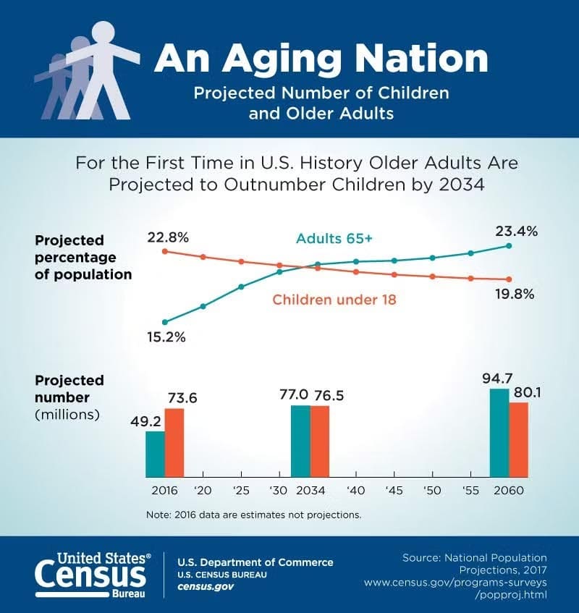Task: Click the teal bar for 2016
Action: coord(155,454)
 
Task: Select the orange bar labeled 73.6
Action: coord(174,442)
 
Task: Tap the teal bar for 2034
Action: coord(300,441)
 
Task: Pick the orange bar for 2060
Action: coord(519,439)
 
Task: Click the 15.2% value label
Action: coord(166,337)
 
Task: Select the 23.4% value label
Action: coord(516,232)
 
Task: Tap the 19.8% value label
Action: coord(515,294)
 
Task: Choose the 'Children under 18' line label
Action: coord(334,299)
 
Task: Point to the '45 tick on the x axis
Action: coord(394,490)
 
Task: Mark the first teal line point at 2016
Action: coord(165,322)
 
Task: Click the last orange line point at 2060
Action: coord(509,280)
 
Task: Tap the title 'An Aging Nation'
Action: coord(321,59)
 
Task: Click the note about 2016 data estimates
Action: coord(253,515)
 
